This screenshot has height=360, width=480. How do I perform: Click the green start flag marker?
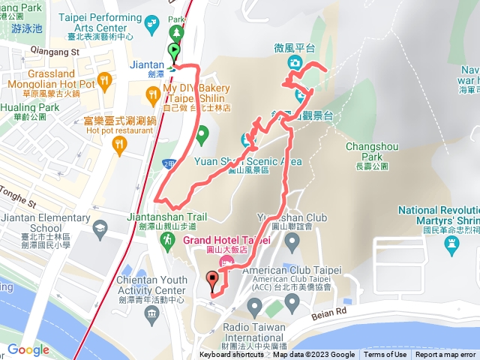(x=175, y=52)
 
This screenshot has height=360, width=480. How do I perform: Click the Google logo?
(x=28, y=349)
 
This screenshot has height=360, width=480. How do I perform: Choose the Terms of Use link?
(x=385, y=355)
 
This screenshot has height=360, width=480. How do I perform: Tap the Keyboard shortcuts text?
(x=232, y=355)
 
